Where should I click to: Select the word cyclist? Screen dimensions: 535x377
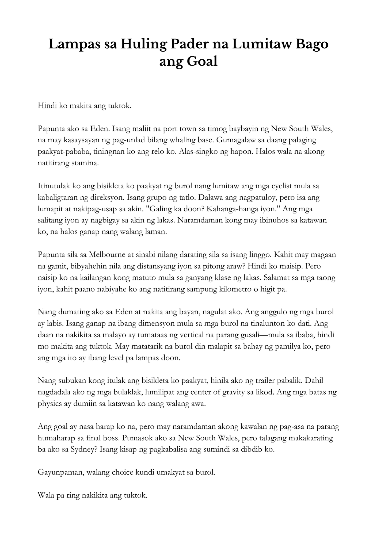coord(280,186)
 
